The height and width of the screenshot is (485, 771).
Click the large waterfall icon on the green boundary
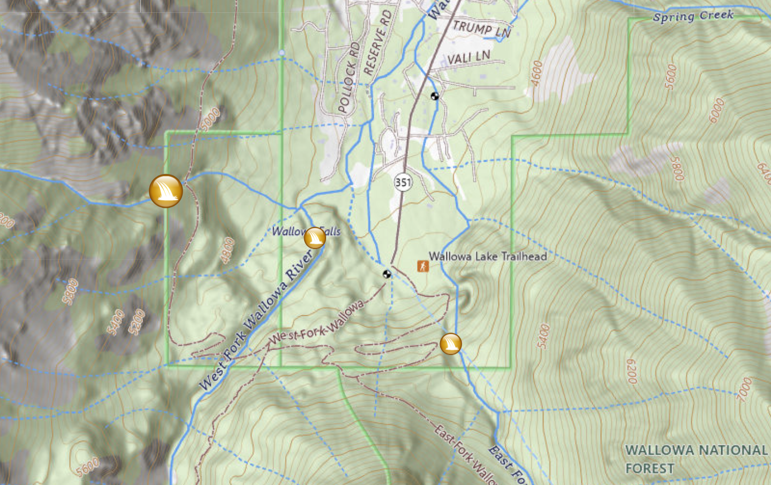tap(166, 191)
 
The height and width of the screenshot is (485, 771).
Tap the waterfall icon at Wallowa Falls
tap(315, 237)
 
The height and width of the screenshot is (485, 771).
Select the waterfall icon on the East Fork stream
tap(451, 344)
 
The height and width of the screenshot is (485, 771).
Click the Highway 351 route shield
tap(403, 182)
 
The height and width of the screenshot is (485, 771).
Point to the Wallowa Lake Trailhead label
tap(488, 256)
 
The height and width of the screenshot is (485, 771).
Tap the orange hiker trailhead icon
tap(423, 266)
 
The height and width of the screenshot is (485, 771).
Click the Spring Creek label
tap(693, 16)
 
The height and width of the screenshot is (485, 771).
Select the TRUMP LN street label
tap(481, 29)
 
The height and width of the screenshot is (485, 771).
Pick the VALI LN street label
tap(468, 57)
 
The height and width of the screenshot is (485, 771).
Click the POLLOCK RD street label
tap(349, 78)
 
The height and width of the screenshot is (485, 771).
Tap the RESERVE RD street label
tap(377, 42)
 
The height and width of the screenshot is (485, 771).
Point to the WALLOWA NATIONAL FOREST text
tap(696, 459)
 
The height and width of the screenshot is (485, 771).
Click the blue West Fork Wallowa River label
tap(256, 319)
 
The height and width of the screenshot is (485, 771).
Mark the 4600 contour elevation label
tap(536, 72)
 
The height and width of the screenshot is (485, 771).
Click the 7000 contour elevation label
tap(744, 389)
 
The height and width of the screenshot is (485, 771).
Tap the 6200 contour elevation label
tap(632, 371)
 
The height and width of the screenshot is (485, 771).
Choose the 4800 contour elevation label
tap(228, 250)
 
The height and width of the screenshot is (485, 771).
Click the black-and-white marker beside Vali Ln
tap(435, 96)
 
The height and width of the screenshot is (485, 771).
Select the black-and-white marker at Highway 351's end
tap(387, 274)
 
